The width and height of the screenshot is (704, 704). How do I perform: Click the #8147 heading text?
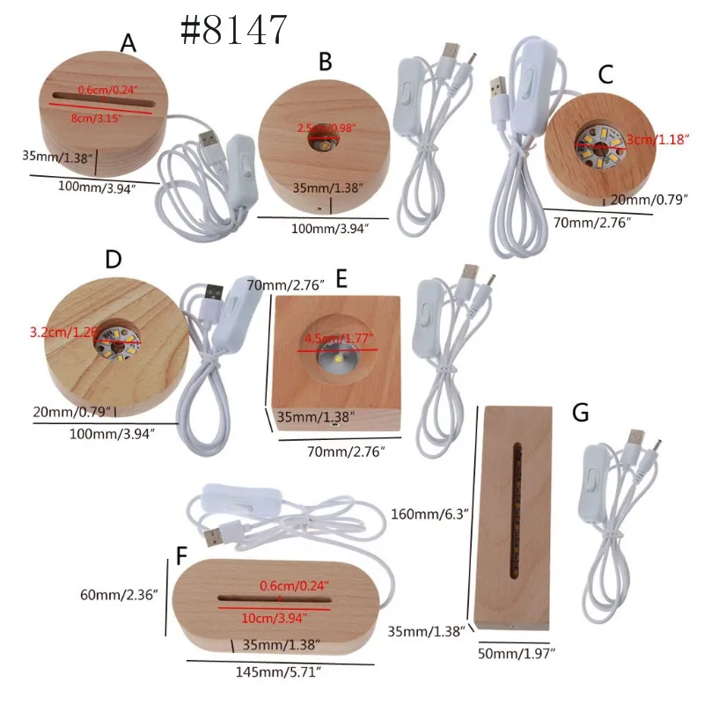coord(233,31)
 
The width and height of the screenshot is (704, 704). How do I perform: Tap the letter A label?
coord(128,44)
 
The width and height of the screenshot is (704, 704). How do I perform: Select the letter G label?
coord(582,413)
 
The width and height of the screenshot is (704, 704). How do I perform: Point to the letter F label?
coord(181,556)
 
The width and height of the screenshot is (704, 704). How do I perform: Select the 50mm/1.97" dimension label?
coord(517,653)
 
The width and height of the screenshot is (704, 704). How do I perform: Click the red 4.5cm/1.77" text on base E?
coord(339,337)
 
